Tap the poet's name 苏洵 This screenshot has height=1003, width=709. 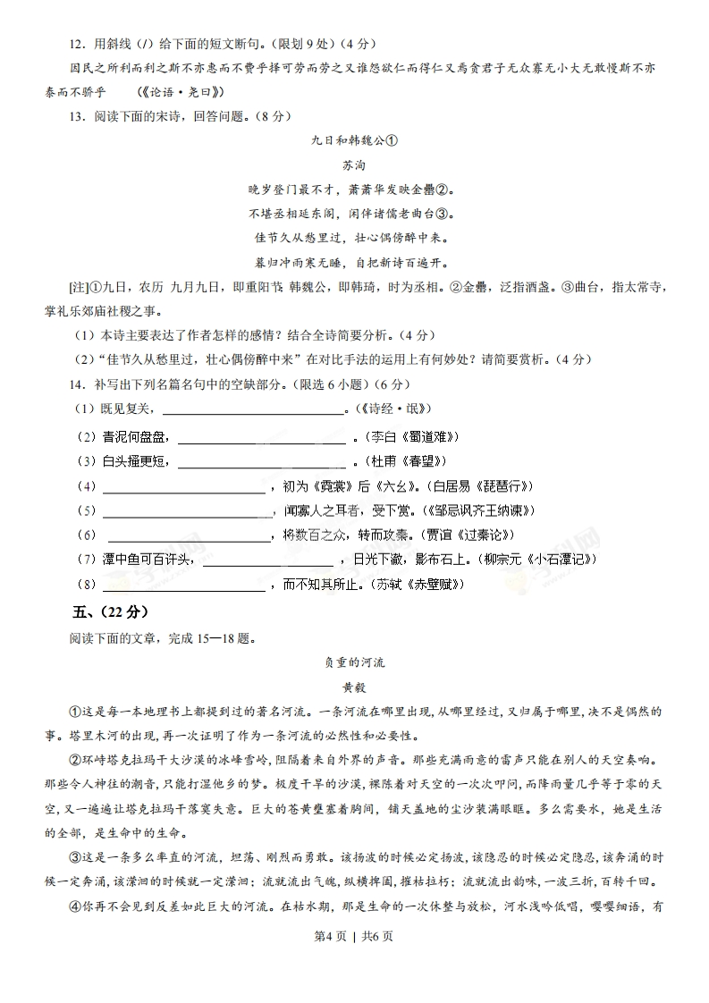click(354, 165)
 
